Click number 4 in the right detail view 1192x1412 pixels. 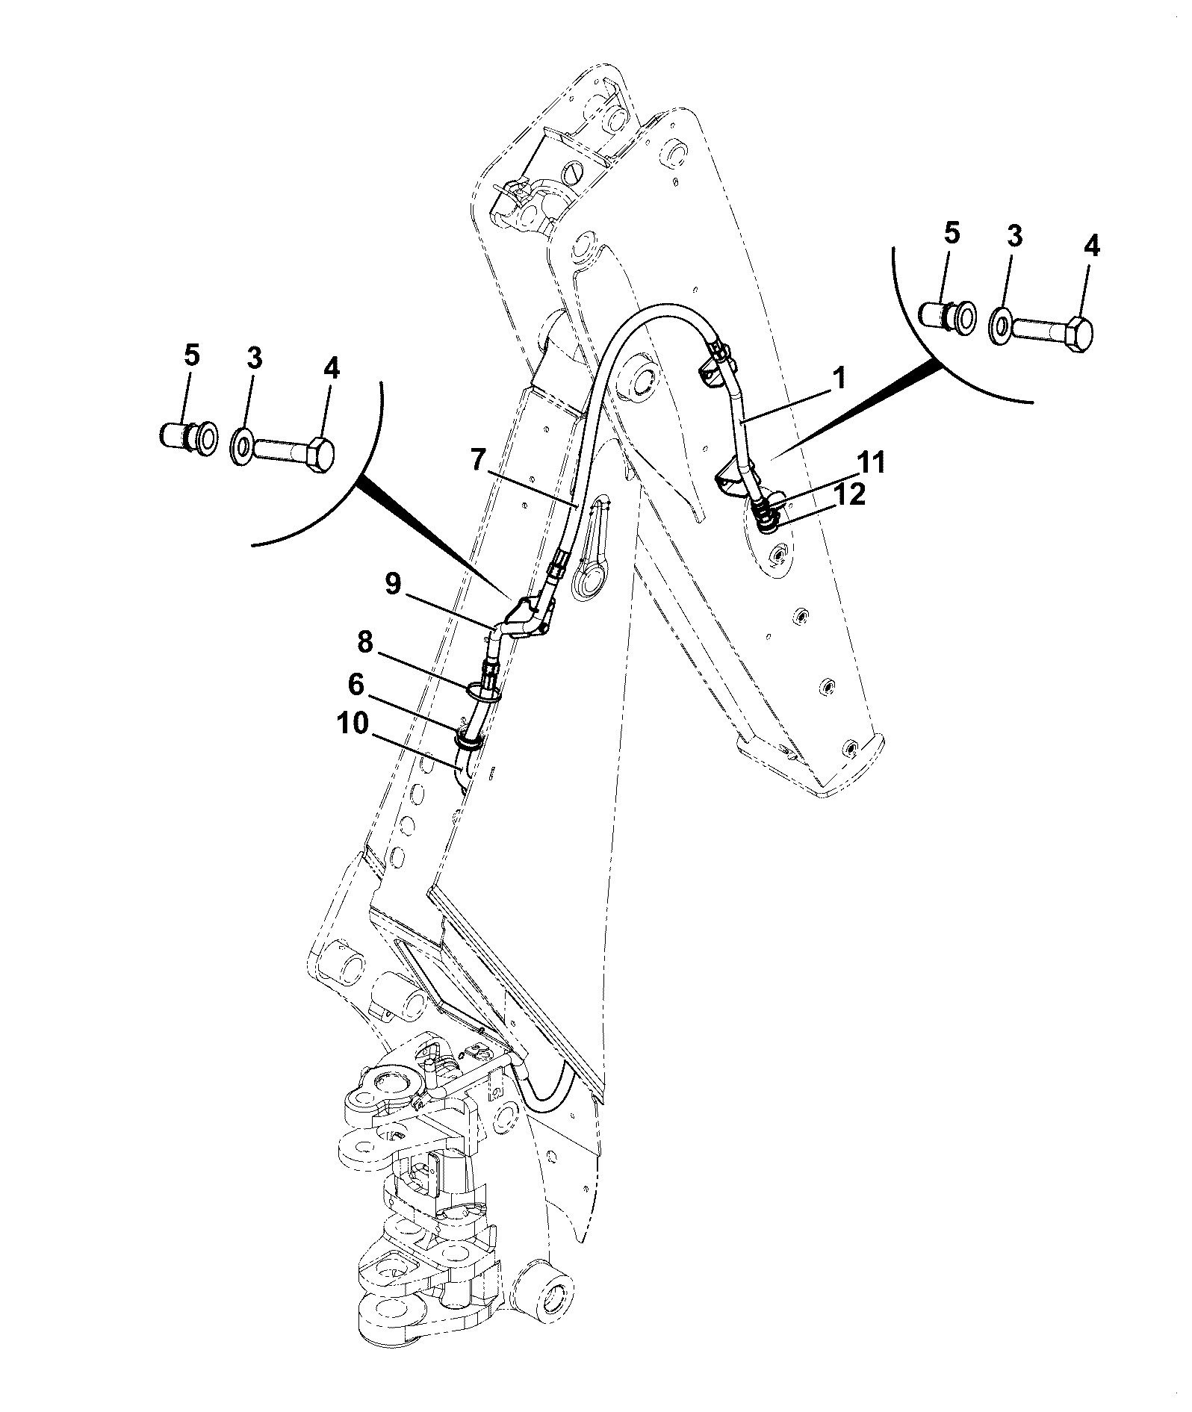(x=1090, y=247)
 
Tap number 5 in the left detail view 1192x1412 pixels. (x=192, y=357)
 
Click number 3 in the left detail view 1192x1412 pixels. (x=254, y=360)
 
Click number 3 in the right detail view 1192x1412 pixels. (x=1014, y=237)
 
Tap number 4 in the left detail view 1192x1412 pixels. (x=330, y=369)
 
